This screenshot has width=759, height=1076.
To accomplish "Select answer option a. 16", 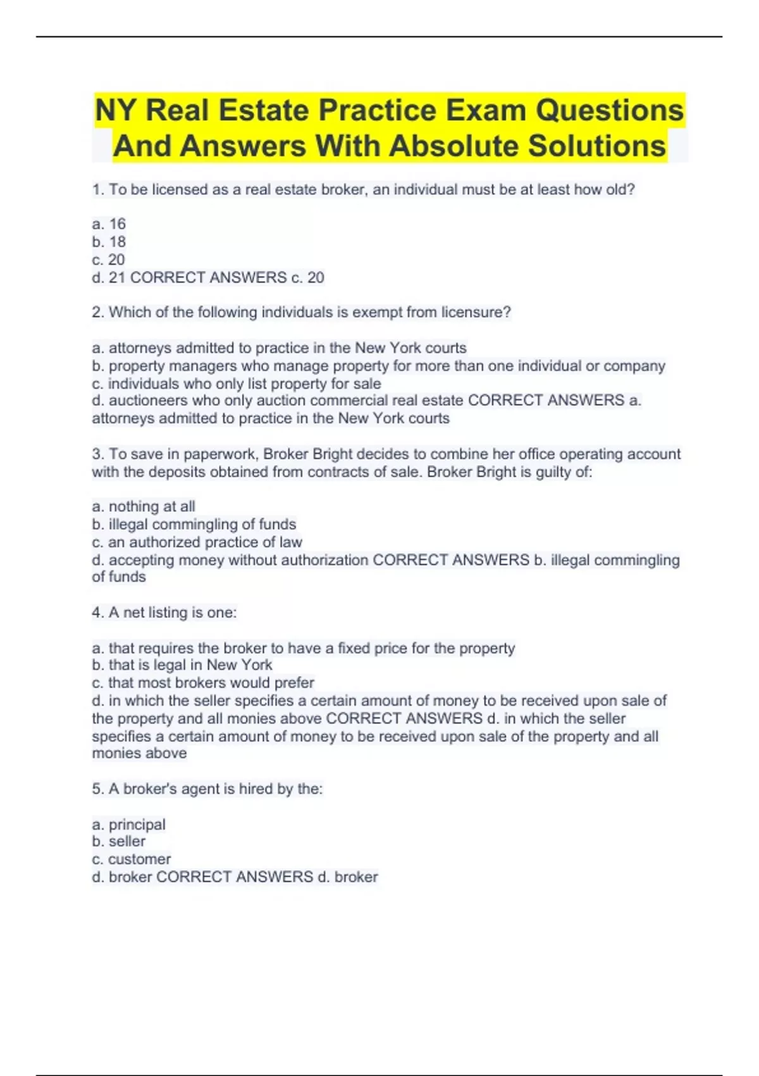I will tap(109, 224).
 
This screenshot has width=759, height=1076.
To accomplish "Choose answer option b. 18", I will tap(109, 242).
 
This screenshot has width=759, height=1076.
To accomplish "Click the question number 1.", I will tap(97, 189).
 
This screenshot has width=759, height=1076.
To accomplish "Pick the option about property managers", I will tap(378, 366).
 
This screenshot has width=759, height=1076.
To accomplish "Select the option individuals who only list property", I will tap(237, 384).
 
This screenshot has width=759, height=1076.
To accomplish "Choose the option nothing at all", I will tap(144, 506).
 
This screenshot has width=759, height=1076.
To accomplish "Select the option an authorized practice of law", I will tap(197, 542).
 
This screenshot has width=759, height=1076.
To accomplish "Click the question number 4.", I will tap(97, 613).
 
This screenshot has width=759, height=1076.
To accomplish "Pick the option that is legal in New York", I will tap(182, 665).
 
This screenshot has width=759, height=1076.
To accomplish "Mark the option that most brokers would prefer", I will tap(203, 683).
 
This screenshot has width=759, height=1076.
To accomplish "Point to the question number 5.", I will tap(97, 789).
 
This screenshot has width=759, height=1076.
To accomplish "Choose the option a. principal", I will tap(128, 825).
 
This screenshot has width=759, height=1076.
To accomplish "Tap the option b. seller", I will tap(118, 842).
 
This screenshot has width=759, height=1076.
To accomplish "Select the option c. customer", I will tap(131, 860).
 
